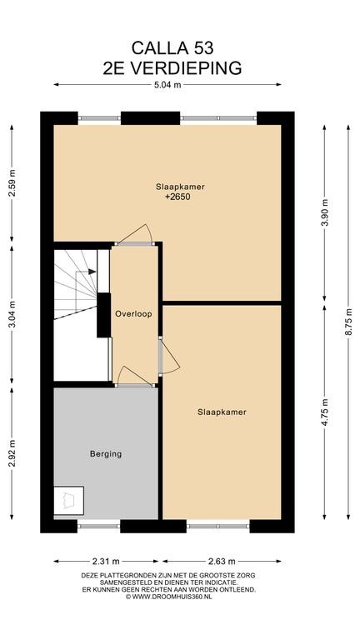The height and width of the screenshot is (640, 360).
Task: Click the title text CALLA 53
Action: coord(172,48)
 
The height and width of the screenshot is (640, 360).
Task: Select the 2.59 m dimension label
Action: coord(12,188)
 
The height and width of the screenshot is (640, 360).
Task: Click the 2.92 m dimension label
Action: coord(12,449)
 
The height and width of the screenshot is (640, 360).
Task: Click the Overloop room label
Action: coord(133,314)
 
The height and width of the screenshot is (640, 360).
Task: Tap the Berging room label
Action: coord(106,454)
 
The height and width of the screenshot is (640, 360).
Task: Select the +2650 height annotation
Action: coord(177,197)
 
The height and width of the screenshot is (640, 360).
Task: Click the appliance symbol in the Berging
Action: coord(68,501)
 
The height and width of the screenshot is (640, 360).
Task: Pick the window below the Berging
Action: coord(98,526)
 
